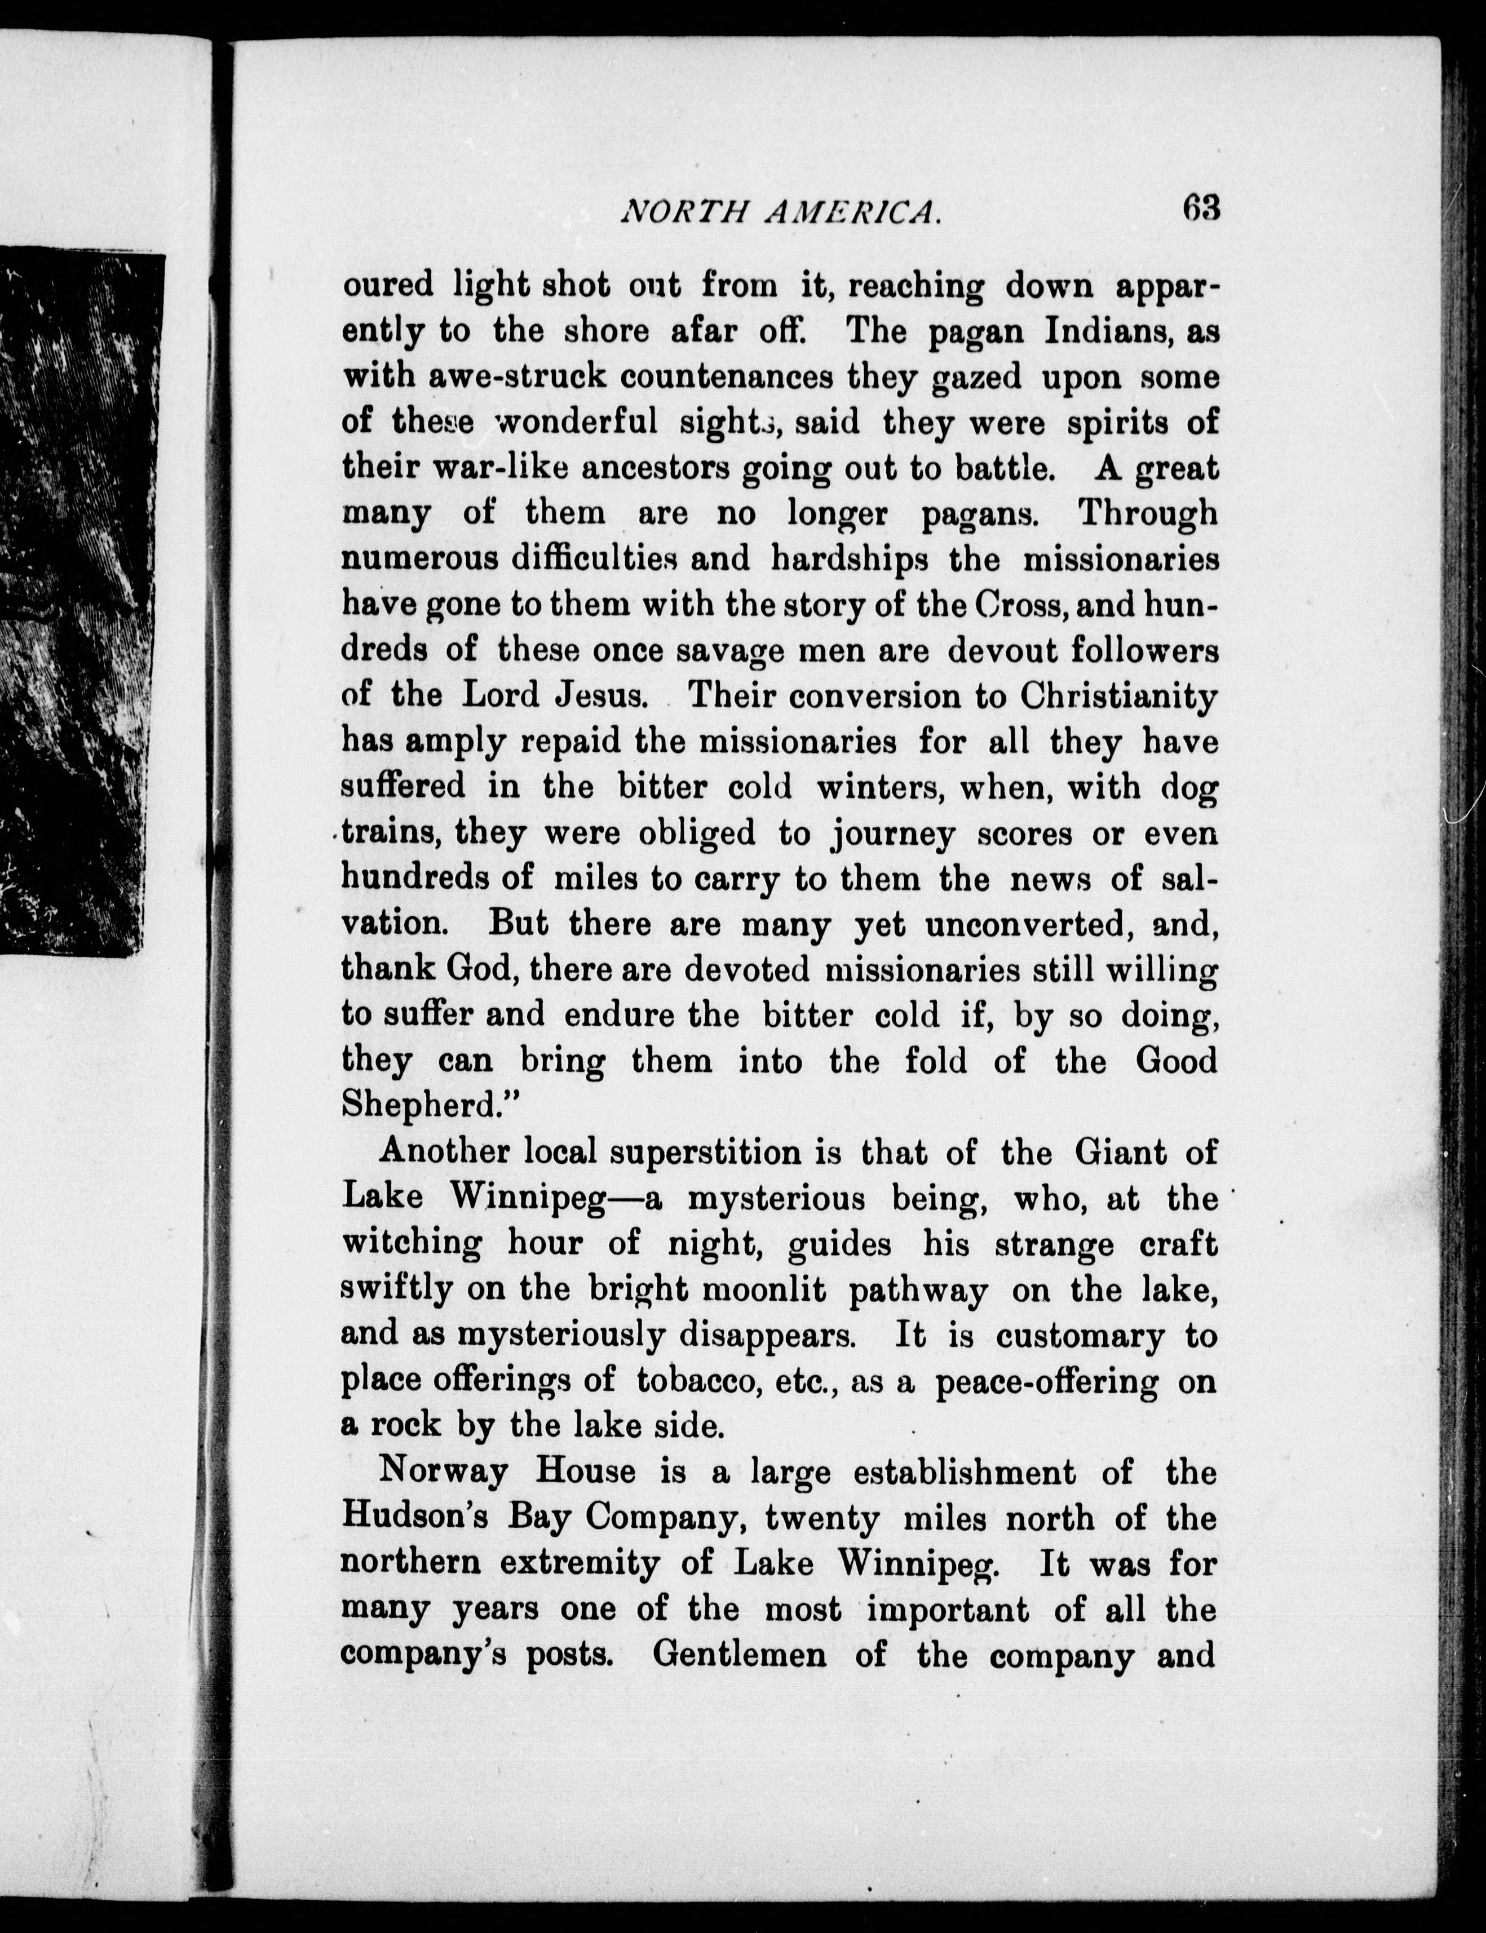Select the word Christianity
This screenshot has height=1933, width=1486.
pyautogui.click(x=1117, y=696)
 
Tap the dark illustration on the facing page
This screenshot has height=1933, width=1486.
pyautogui.click(x=79, y=601)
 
